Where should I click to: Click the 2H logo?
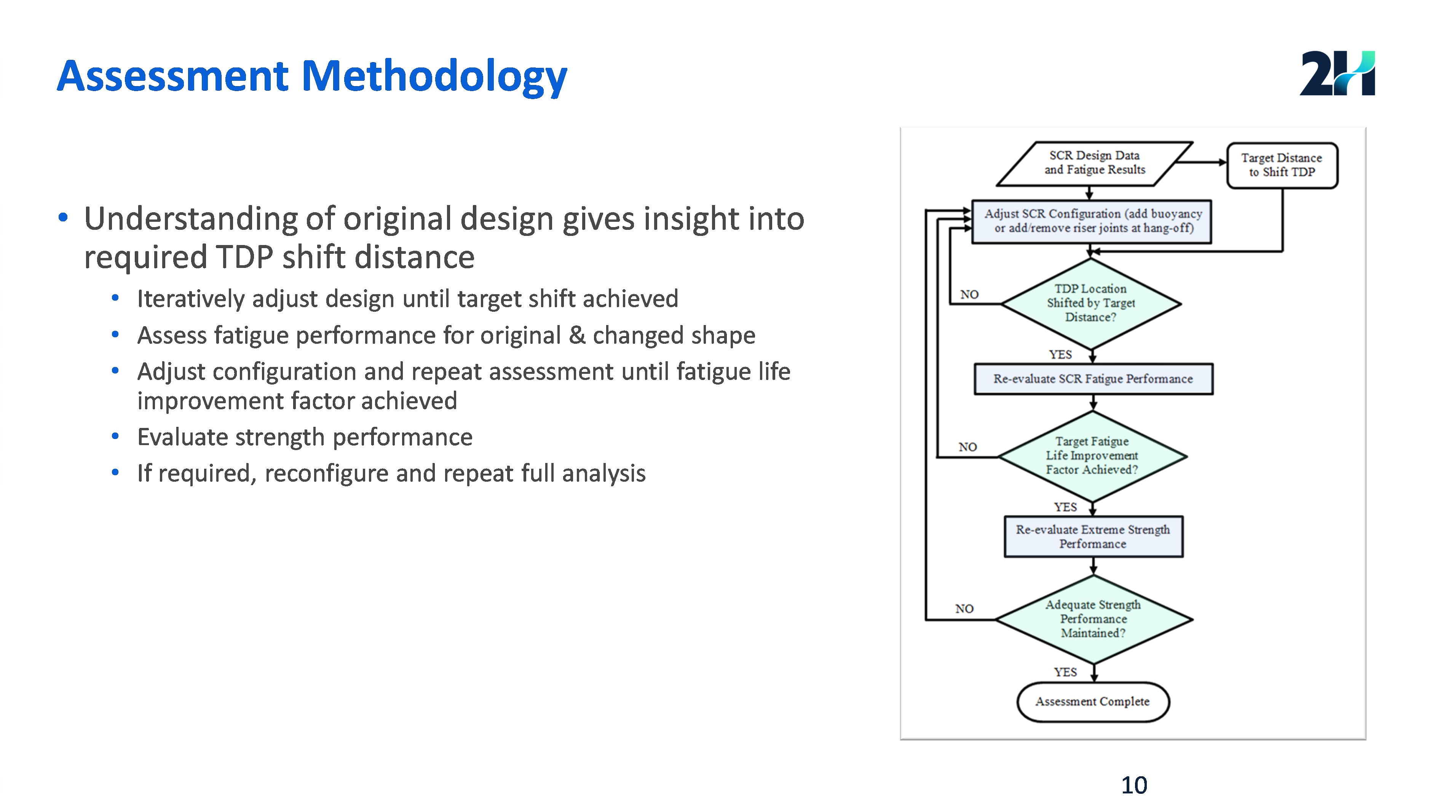tap(1336, 74)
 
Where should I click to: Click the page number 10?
tap(1134, 785)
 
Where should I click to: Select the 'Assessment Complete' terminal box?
tap(1093, 702)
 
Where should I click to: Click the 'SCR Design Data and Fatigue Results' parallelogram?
tap(1094, 163)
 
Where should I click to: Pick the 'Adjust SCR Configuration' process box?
tap(1092, 221)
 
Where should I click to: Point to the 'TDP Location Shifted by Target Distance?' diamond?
tap(1091, 303)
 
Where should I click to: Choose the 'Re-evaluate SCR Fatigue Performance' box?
tap(1093, 379)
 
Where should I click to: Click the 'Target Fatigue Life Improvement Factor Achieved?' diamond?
tap(1092, 455)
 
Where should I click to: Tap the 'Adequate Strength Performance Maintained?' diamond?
tap(1093, 619)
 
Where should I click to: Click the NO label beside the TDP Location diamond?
tap(969, 294)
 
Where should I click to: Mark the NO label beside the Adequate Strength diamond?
tap(964, 609)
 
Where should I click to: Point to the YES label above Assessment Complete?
tap(1065, 672)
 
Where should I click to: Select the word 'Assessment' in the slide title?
tap(172, 76)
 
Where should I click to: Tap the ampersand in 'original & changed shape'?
tap(577, 335)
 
